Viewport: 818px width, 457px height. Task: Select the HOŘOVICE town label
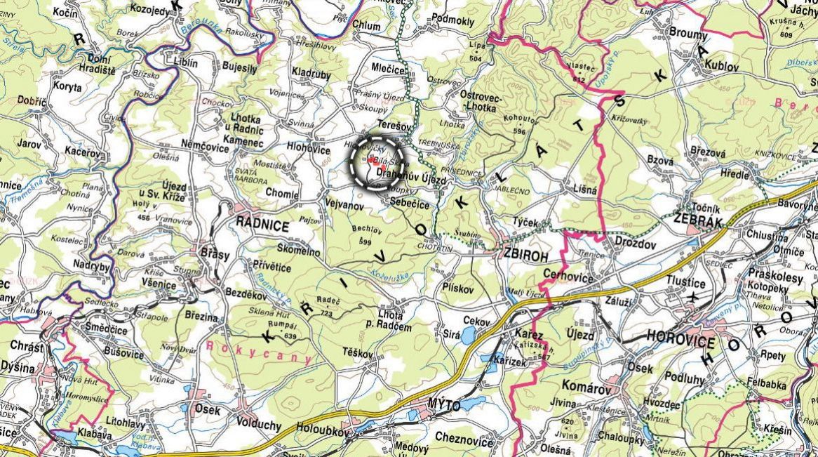(680, 343)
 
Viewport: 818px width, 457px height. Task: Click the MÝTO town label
(444, 406)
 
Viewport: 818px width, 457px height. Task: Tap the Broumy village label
(688, 33)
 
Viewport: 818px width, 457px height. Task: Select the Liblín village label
(185, 62)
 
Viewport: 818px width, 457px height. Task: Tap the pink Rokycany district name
(259, 352)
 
